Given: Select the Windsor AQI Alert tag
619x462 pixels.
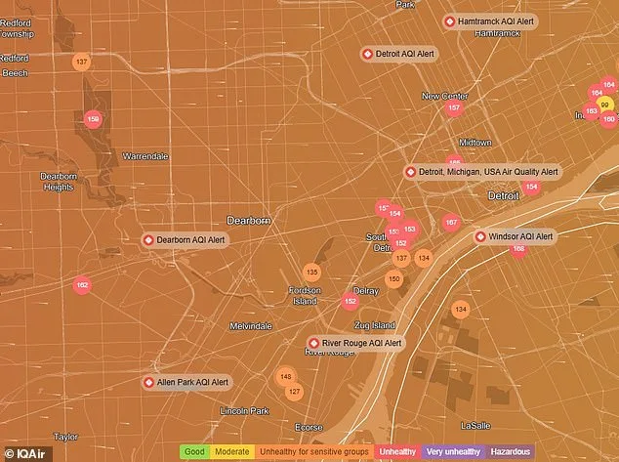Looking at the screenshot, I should point(515,236).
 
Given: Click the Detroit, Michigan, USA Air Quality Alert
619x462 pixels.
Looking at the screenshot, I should point(482,172).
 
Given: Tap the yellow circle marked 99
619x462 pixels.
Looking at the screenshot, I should point(605,105).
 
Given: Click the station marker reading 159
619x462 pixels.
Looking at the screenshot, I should point(94,119).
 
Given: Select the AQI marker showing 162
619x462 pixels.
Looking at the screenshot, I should point(82,285).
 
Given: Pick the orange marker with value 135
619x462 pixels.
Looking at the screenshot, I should point(311,272).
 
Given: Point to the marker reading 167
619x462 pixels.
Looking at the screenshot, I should point(450,223).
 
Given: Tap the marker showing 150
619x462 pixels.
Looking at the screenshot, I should point(393,279).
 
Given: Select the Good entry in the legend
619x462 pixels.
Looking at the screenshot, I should point(194,452).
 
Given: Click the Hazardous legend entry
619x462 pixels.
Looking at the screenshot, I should point(511,452).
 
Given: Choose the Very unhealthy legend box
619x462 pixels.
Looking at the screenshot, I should point(449,452).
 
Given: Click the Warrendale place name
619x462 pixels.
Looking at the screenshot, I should point(145,156).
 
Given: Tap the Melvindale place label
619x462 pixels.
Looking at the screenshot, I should point(251,325).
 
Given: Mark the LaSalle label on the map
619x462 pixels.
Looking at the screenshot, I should point(476,426).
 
